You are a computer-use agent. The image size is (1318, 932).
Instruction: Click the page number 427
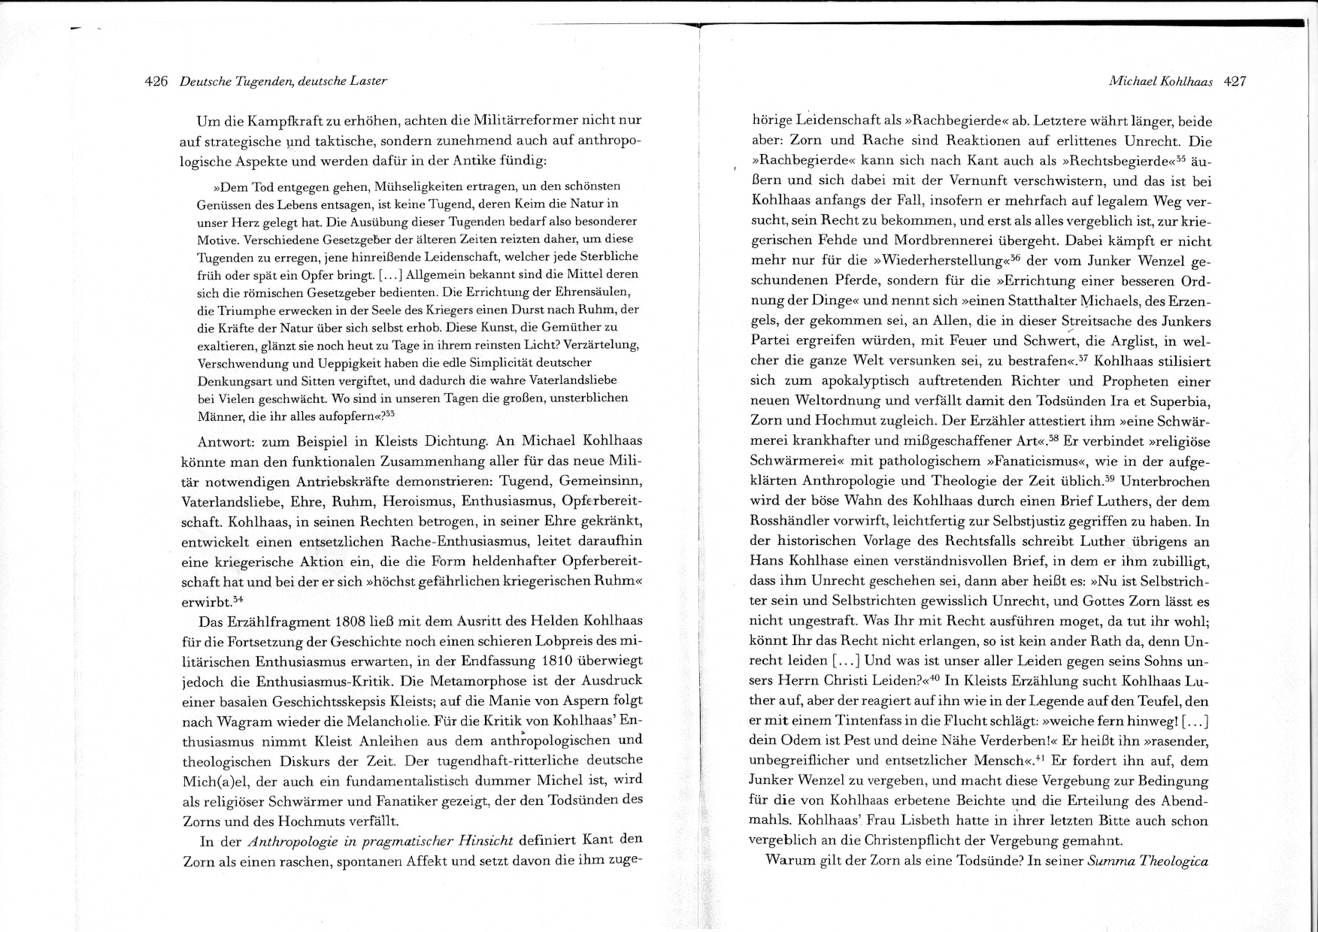click(1235, 81)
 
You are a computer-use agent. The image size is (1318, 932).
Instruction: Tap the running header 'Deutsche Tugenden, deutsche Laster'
click(283, 81)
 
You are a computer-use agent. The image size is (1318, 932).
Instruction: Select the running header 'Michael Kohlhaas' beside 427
click(1160, 81)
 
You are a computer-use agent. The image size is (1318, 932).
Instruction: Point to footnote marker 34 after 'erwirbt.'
click(238, 600)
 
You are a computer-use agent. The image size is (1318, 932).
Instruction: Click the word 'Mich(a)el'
click(212, 780)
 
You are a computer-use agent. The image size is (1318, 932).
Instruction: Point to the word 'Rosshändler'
click(789, 520)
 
